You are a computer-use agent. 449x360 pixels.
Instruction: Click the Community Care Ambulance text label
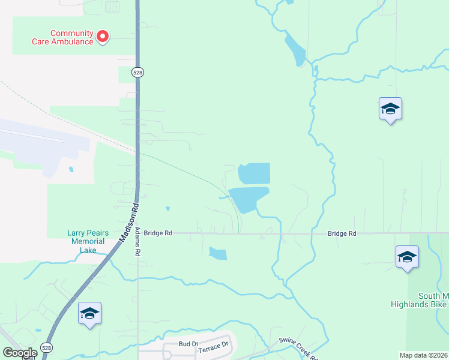[x=71, y=37]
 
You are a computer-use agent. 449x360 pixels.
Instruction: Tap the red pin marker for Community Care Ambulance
[x=103, y=37]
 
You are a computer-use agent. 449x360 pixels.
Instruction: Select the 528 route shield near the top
[x=138, y=72]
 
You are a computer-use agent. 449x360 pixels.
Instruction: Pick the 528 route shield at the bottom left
[x=47, y=347]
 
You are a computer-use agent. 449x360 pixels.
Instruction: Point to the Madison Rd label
[x=129, y=221]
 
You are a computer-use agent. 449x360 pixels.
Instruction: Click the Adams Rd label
[x=137, y=242]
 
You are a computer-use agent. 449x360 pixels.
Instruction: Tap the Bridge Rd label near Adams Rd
[x=158, y=233]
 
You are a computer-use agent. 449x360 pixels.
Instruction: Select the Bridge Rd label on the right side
[x=342, y=233]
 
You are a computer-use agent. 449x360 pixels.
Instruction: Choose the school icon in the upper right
[x=390, y=109]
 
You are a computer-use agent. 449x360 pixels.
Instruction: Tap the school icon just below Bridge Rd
[x=407, y=257]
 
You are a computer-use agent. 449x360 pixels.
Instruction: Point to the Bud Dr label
[x=188, y=344]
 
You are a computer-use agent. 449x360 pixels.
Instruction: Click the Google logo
[x=20, y=353]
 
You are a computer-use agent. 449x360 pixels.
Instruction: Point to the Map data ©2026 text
[x=423, y=355]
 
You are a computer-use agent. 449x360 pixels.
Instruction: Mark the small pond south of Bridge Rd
[x=218, y=253]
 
